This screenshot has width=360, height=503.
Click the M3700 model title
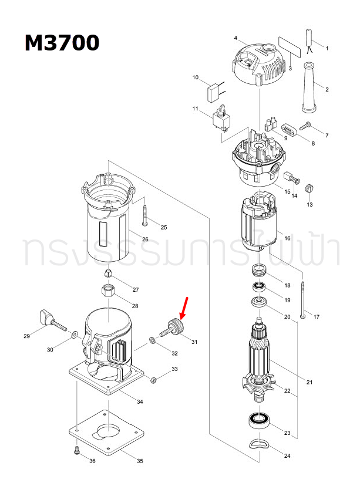point(62,43)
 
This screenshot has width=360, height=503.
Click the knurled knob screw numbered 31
point(174,327)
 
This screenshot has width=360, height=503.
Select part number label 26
point(144,239)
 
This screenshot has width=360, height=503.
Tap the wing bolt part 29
point(51,318)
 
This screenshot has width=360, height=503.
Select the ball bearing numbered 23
point(257,420)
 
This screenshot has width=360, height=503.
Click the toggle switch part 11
point(221,118)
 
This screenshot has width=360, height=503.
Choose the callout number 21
point(309,383)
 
